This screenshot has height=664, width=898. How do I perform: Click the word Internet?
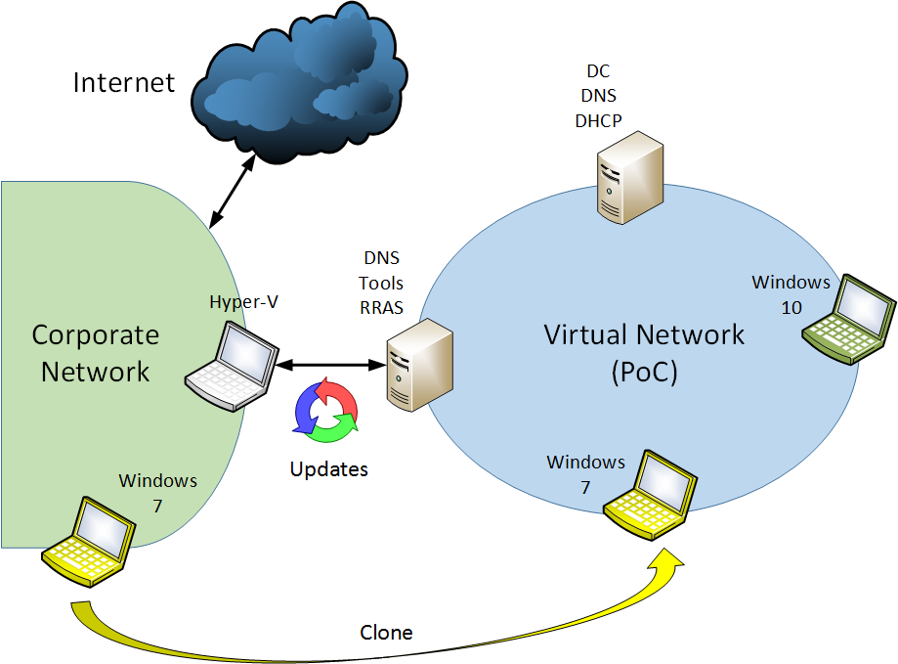click(x=124, y=82)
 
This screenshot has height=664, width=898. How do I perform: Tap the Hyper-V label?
click(x=238, y=302)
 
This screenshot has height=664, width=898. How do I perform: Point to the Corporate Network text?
click(x=95, y=353)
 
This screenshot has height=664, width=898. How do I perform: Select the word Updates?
click(x=328, y=469)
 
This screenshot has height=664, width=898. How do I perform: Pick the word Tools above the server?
click(x=381, y=284)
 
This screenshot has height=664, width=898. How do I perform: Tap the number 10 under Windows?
click(x=791, y=307)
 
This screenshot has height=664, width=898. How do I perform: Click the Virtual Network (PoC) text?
click(x=644, y=353)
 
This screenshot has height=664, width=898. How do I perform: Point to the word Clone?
click(x=386, y=633)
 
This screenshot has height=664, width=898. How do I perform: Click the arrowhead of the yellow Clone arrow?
click(x=669, y=563)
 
